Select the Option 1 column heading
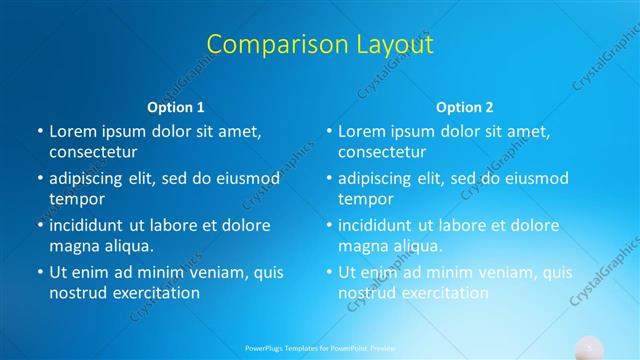coord(176,107)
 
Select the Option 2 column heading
coord(465,107)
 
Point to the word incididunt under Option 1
coord(93,225)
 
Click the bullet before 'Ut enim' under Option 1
coord(40,272)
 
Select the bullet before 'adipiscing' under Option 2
coord(329,179)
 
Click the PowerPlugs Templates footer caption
coord(320,349)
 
